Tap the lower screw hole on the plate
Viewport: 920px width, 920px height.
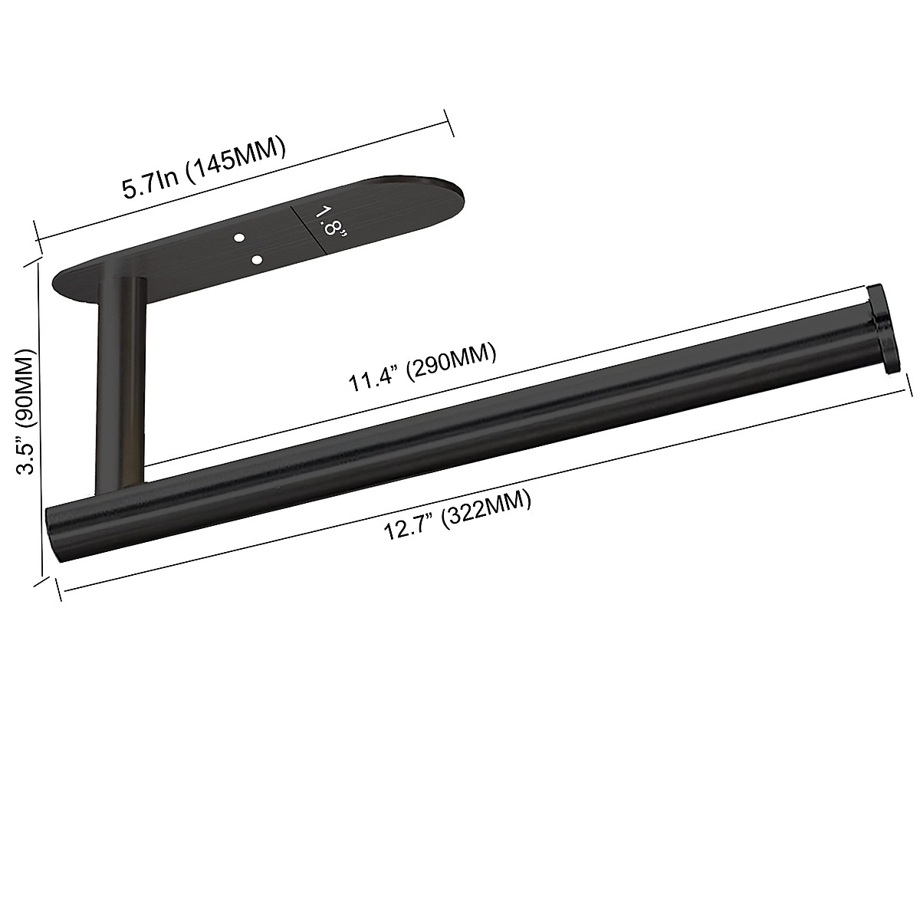pyautogui.click(x=257, y=261)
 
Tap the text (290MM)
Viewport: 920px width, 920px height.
pyautogui.click(x=452, y=361)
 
